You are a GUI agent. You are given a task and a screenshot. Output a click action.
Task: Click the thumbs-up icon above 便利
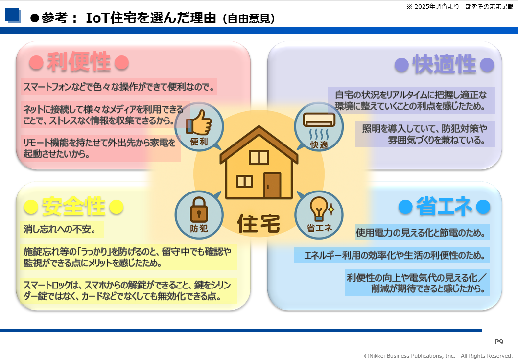coord(199,122)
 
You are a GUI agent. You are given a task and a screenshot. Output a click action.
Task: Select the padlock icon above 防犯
coord(199,210)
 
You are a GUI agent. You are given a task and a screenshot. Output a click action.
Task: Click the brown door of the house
coord(272,185)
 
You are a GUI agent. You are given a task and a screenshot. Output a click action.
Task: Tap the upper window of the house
coord(259,157)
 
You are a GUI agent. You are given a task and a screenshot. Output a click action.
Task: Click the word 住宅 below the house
coord(259,223)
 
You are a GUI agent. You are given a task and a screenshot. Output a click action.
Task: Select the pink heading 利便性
coord(79,62)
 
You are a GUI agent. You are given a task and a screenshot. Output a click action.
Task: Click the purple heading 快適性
coord(445,64)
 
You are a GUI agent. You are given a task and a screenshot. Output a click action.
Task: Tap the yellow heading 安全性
coord(73,206)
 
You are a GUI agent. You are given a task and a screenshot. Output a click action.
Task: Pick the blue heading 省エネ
coord(445,206)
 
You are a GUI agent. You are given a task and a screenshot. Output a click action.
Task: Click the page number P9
coord(499,342)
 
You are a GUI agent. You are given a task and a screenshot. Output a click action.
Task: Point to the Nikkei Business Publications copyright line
coord(438,356)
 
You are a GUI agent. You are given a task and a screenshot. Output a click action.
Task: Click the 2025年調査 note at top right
coord(460,6)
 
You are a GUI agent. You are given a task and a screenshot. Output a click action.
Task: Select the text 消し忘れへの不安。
coord(60,229)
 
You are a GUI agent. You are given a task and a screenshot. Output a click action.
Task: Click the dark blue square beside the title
coord(12,15)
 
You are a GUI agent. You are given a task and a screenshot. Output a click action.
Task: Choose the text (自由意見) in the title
coord(249,19)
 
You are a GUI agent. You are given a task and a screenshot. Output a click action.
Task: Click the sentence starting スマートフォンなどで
coord(119,87)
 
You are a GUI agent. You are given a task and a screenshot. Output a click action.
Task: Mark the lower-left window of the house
coord(244,181)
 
